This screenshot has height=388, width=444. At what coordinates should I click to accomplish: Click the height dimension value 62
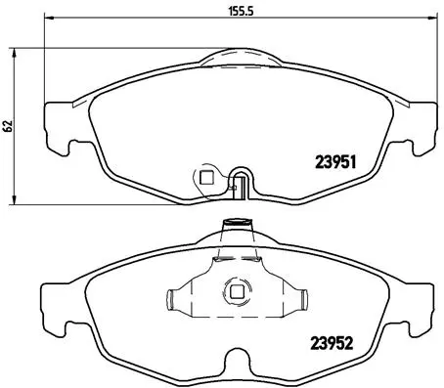pyautogui.click(x=8, y=125)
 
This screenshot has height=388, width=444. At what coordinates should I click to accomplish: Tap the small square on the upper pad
pyautogui.click(x=205, y=177)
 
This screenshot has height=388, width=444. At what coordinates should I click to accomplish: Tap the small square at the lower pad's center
pyautogui.click(x=235, y=290)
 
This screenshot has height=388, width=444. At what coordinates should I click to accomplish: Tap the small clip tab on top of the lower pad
pyautogui.click(x=235, y=222)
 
